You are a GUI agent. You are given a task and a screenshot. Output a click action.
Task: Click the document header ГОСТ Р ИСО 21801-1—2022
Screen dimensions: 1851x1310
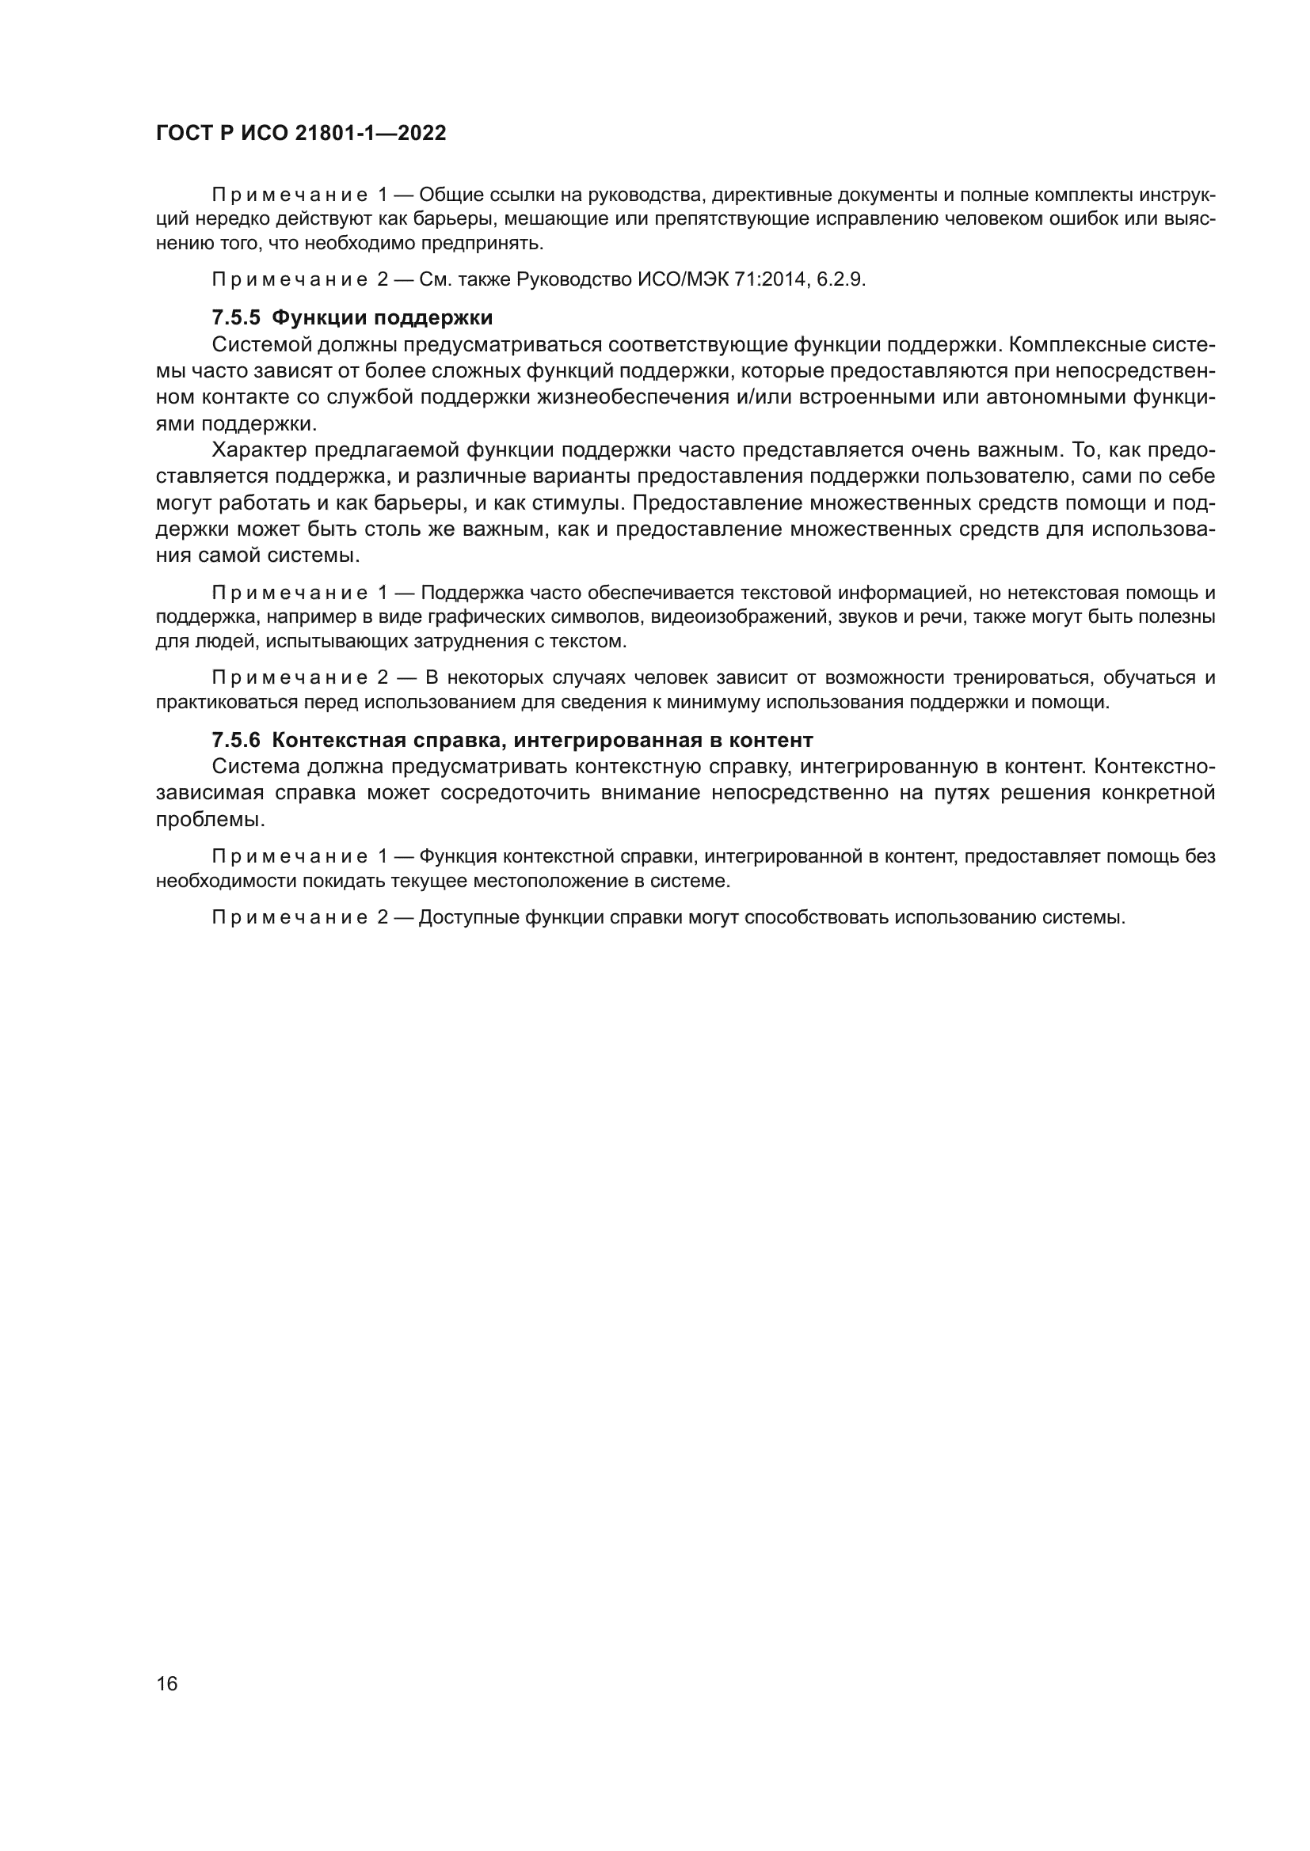[301, 134]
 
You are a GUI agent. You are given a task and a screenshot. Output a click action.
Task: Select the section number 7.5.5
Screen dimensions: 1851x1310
[235, 317]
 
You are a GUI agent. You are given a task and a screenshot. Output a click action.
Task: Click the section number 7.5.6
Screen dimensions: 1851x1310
[235, 739]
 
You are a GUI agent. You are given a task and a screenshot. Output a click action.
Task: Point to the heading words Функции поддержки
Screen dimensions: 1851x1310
[382, 317]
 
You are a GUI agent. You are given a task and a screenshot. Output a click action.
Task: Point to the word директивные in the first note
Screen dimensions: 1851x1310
[773, 195]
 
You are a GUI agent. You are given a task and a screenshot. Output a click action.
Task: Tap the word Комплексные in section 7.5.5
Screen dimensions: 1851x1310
[1082, 345]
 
